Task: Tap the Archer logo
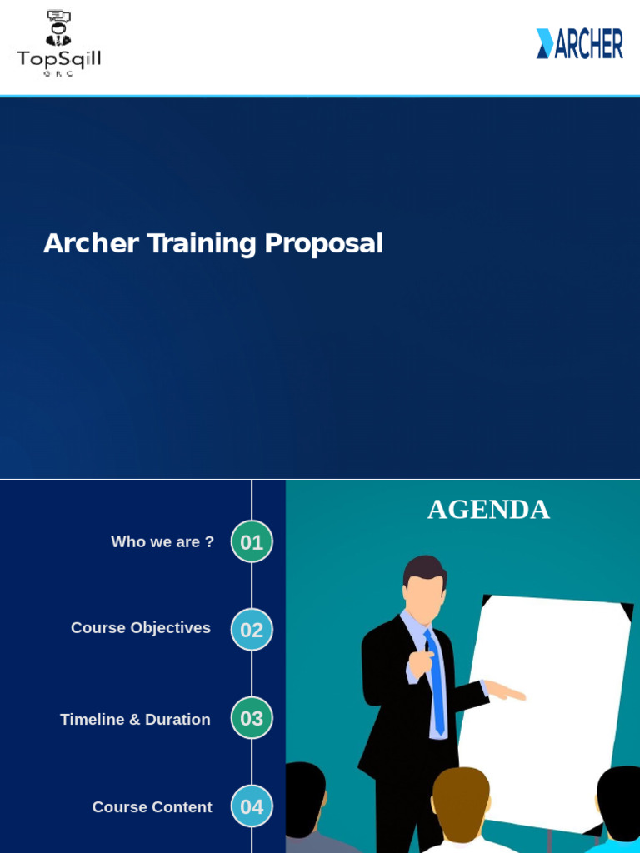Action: click(x=579, y=43)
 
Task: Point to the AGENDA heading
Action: click(x=488, y=509)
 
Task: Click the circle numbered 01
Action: click(x=252, y=542)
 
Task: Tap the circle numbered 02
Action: click(x=252, y=630)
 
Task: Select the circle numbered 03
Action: click(x=252, y=718)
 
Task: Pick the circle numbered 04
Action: click(x=252, y=806)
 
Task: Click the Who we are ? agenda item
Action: click(x=162, y=542)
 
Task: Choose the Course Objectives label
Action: click(x=141, y=628)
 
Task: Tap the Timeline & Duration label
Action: click(x=135, y=719)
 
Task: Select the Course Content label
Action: click(x=152, y=807)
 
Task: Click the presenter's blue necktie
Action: click(x=436, y=683)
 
